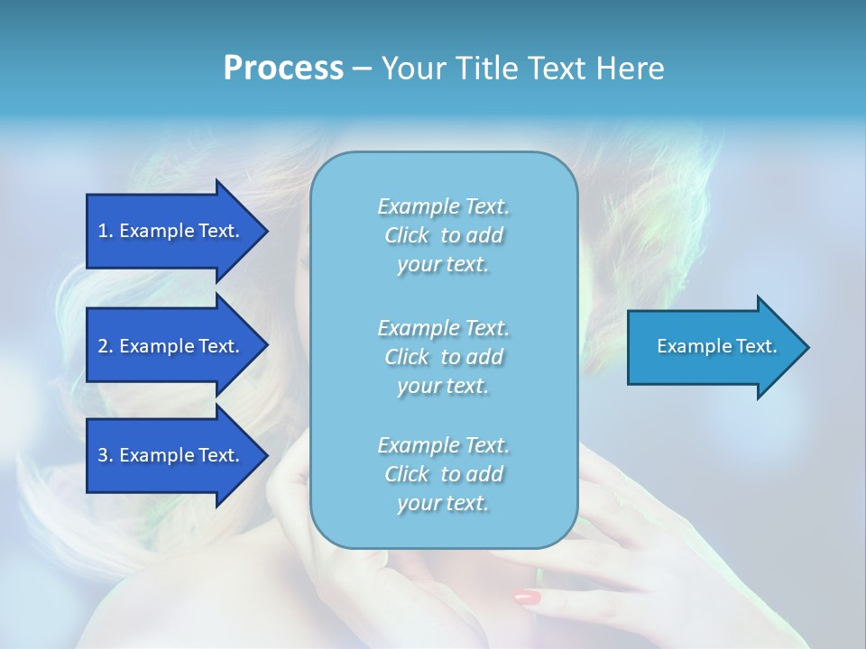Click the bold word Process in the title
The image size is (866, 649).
[x=283, y=69]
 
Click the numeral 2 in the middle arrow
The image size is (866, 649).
[x=103, y=346]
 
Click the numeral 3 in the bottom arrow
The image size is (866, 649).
[x=103, y=455]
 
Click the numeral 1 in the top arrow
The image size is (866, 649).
[x=103, y=231]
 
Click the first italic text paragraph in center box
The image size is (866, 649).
[x=443, y=235]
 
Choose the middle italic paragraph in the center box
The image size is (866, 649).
[x=443, y=357]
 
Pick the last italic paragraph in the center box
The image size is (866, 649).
[x=443, y=474]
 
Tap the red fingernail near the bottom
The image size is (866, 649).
[x=528, y=597]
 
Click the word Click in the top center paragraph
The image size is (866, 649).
[x=406, y=236]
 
